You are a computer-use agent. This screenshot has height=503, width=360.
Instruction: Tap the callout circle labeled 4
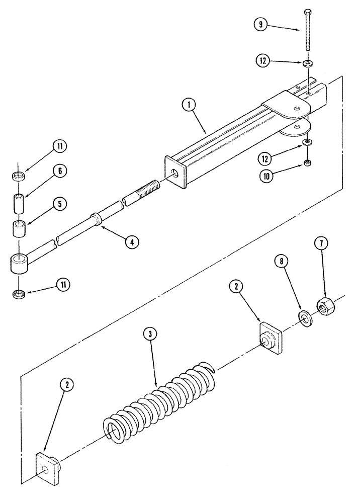coord(132,242)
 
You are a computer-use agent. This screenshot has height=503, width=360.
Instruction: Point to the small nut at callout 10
coord(307,162)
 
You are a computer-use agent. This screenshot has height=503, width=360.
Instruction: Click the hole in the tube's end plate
coord(174,173)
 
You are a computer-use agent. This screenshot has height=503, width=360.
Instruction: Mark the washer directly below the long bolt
coord(307,63)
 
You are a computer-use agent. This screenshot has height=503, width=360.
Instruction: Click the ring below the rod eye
coord(19,293)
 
